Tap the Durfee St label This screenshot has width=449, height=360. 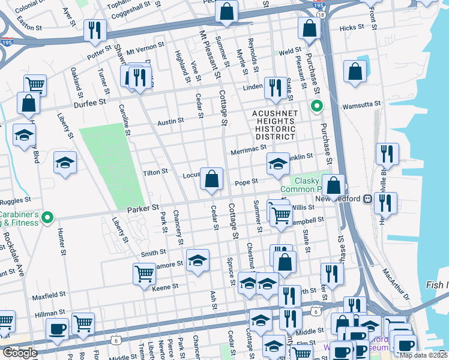pos(89,103)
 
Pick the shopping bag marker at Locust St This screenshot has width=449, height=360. pos(211,179)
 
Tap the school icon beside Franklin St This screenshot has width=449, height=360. pos(278,164)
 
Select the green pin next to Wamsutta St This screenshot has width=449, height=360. pos(316,107)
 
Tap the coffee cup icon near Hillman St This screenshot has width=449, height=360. pos(58,329)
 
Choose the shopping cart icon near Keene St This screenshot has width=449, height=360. pos(144,274)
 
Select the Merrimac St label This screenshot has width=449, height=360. pos(248,149)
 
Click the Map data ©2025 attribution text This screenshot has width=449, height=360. pos(423,355)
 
